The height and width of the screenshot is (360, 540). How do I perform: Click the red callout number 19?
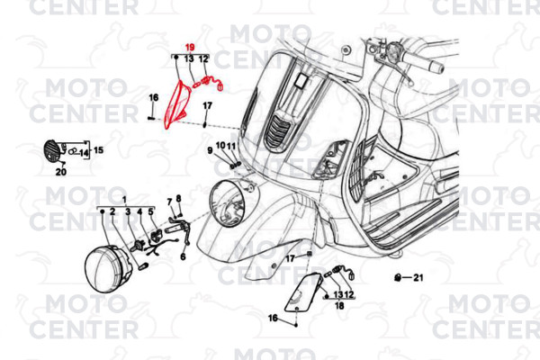point(190,47)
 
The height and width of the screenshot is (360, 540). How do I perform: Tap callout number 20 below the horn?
point(61,171)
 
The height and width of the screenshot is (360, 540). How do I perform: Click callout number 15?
point(98,150)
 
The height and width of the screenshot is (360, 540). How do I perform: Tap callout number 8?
point(178,198)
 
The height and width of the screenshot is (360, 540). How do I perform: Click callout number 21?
point(418,278)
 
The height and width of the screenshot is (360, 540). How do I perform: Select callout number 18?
point(339,306)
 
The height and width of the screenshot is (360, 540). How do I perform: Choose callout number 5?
point(151,212)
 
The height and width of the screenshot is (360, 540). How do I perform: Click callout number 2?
point(113,212)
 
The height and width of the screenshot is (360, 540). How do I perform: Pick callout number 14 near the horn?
point(84,153)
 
